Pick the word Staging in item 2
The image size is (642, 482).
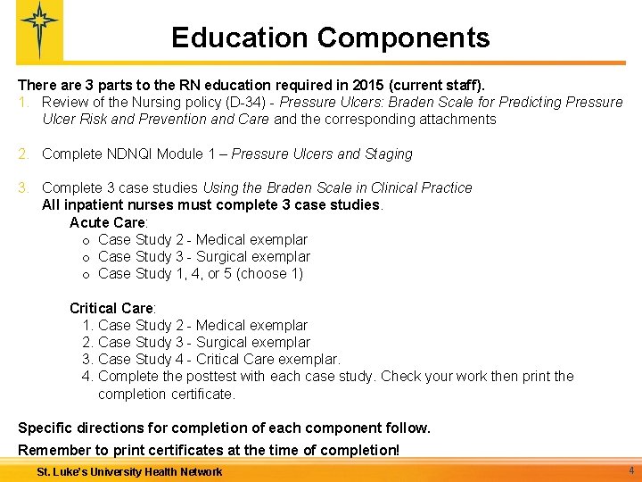coord(387,154)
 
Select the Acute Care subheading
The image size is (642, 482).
coord(108,222)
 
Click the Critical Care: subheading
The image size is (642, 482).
coord(112,308)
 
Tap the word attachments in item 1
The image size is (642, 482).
coord(454,119)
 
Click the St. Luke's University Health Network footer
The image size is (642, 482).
coord(129,471)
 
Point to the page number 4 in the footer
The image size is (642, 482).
coord(630,470)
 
